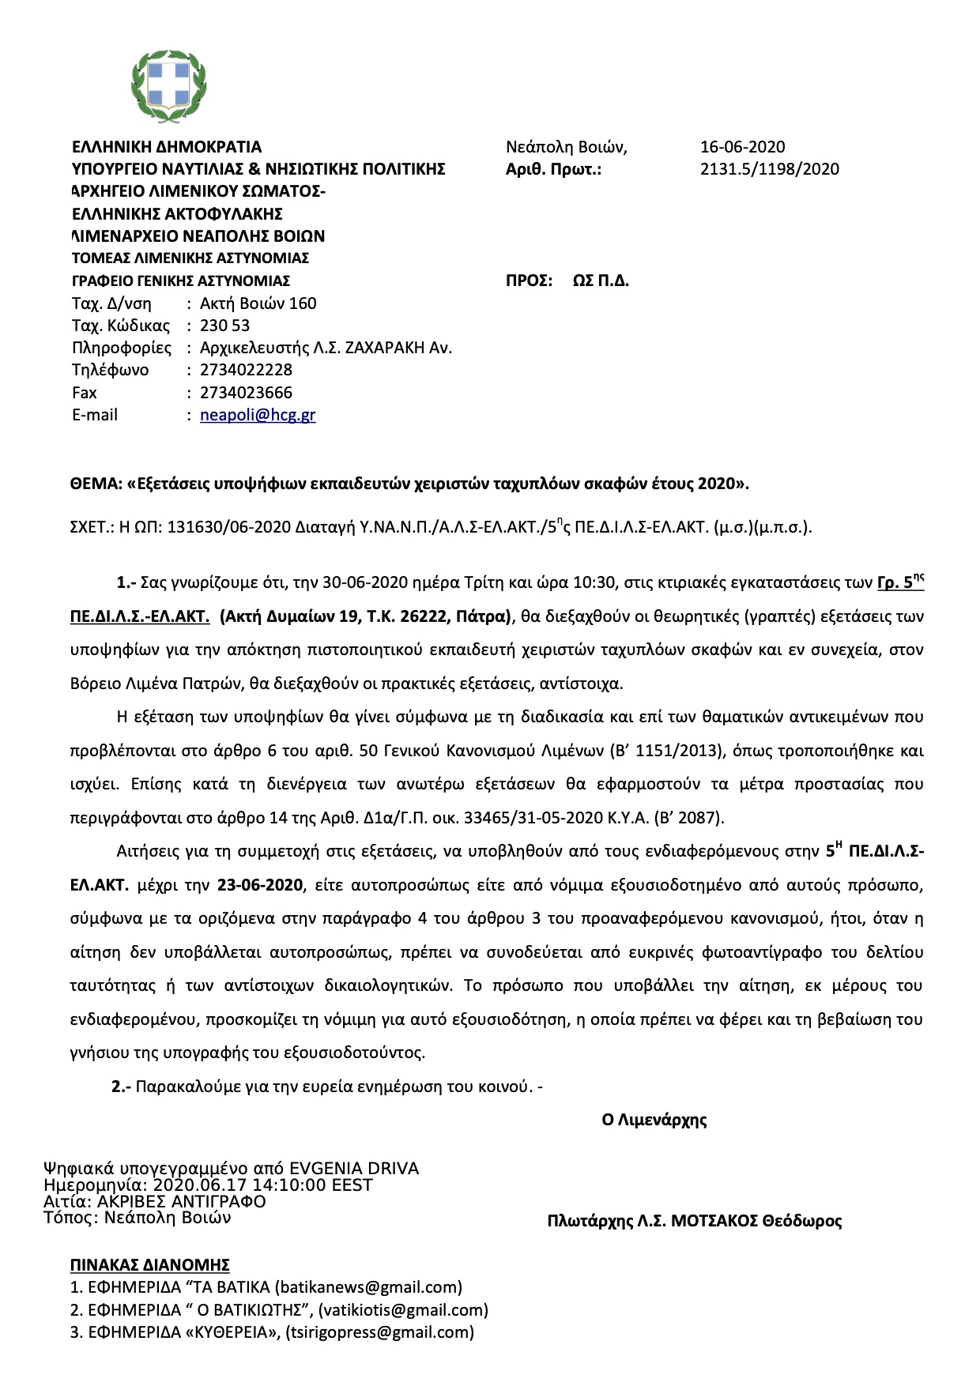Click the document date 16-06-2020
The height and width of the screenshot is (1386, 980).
pyautogui.click(x=742, y=147)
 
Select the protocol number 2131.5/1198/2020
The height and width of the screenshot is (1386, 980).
pyautogui.click(x=769, y=169)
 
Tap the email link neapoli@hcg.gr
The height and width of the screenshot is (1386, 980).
pyautogui.click(x=258, y=415)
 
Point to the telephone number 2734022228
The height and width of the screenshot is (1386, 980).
pyautogui.click(x=246, y=370)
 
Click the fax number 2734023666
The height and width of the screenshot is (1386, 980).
pyautogui.click(x=246, y=393)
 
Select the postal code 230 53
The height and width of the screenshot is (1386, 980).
pyautogui.click(x=224, y=326)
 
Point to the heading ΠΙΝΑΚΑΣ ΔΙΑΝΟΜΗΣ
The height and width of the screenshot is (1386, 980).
pyautogui.click(x=149, y=1264)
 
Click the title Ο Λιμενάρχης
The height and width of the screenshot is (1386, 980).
pyautogui.click(x=654, y=1120)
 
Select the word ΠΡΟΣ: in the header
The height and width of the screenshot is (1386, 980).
pyautogui.click(x=529, y=281)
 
